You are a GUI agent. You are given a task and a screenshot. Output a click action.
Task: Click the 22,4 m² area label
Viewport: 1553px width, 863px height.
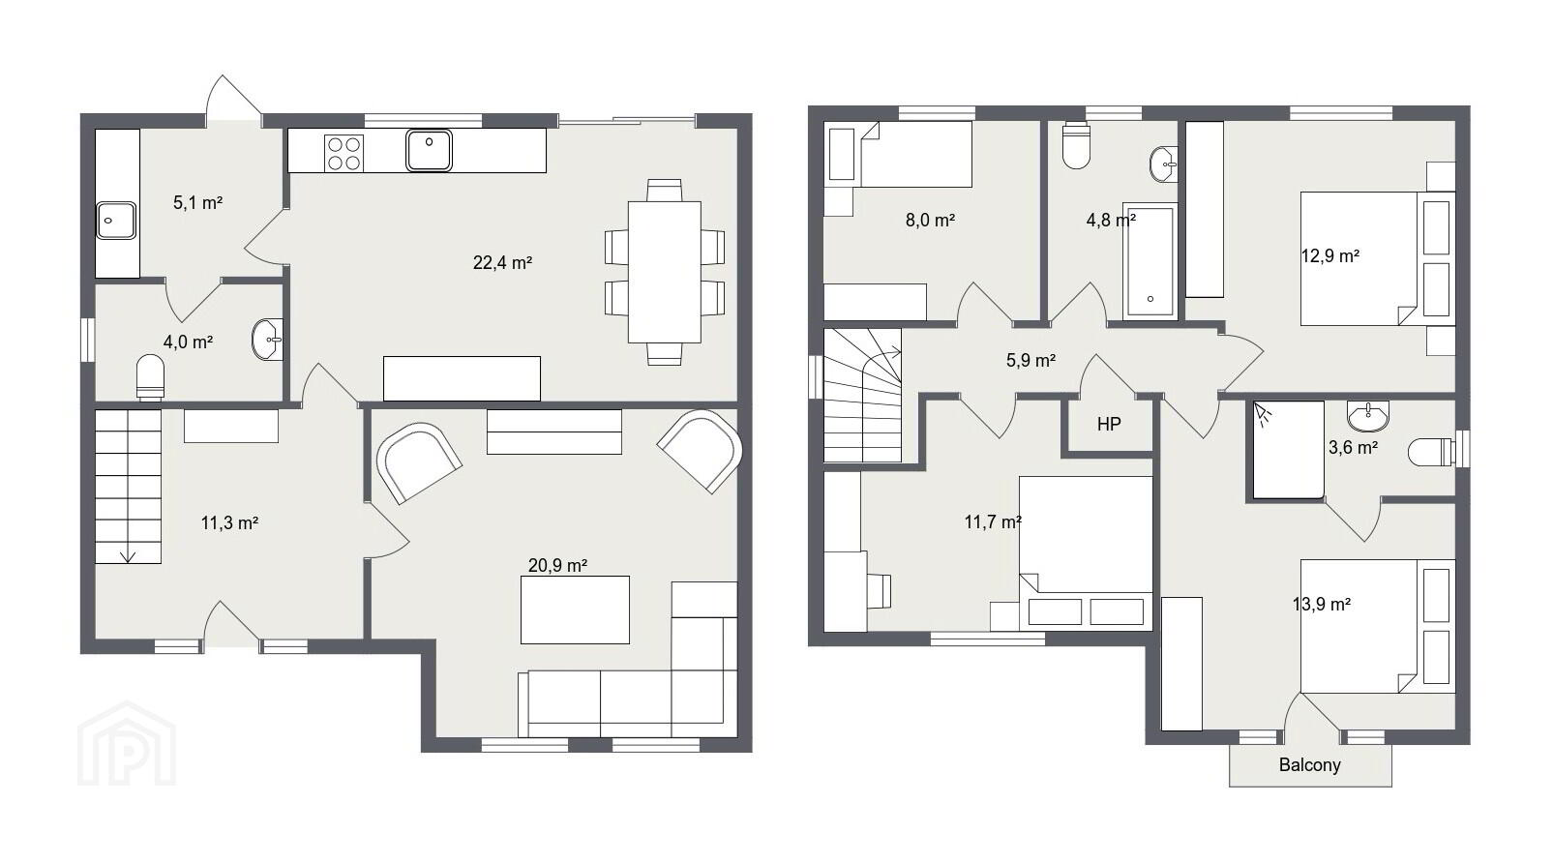click(x=502, y=263)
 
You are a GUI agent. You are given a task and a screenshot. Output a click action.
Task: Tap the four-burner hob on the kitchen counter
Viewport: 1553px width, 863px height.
click(x=343, y=153)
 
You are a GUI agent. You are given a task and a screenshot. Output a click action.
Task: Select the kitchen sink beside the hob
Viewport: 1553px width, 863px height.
click(x=430, y=150)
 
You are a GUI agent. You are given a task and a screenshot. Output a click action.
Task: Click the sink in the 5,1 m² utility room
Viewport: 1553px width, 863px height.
click(x=116, y=221)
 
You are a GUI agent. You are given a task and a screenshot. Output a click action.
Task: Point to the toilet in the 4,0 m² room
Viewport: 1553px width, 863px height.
click(x=150, y=377)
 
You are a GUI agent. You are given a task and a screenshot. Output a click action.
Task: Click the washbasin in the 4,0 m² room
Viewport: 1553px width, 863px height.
click(x=268, y=340)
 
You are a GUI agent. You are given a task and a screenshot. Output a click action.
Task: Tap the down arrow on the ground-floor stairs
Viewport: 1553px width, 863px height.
click(x=128, y=556)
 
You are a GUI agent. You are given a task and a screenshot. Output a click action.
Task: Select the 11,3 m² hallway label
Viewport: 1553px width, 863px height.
click(x=229, y=522)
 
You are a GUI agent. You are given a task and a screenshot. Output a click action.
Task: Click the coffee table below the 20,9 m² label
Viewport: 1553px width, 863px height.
click(x=575, y=610)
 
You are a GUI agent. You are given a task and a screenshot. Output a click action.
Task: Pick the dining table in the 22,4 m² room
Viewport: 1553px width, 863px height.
click(x=664, y=272)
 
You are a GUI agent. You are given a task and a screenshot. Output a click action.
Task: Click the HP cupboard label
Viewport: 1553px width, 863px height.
click(x=1109, y=424)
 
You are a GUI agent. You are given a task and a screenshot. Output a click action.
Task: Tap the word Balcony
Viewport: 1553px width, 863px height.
click(x=1309, y=764)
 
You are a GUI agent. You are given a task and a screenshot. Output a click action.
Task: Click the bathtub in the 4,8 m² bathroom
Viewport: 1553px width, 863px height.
click(x=1150, y=261)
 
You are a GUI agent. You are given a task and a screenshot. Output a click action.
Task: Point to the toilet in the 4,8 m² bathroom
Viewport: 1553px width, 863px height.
click(x=1076, y=145)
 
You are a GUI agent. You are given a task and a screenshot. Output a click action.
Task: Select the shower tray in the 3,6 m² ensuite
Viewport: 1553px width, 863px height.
click(x=1289, y=450)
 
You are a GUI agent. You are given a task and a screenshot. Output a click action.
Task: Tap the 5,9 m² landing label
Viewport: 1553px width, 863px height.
click(x=1030, y=361)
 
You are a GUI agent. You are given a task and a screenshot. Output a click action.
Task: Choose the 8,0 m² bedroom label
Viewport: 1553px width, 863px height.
click(x=930, y=221)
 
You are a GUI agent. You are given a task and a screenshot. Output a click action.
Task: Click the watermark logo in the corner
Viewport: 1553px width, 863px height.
click(x=127, y=743)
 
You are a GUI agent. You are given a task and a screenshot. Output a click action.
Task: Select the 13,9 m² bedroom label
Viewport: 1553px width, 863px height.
click(x=1322, y=605)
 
